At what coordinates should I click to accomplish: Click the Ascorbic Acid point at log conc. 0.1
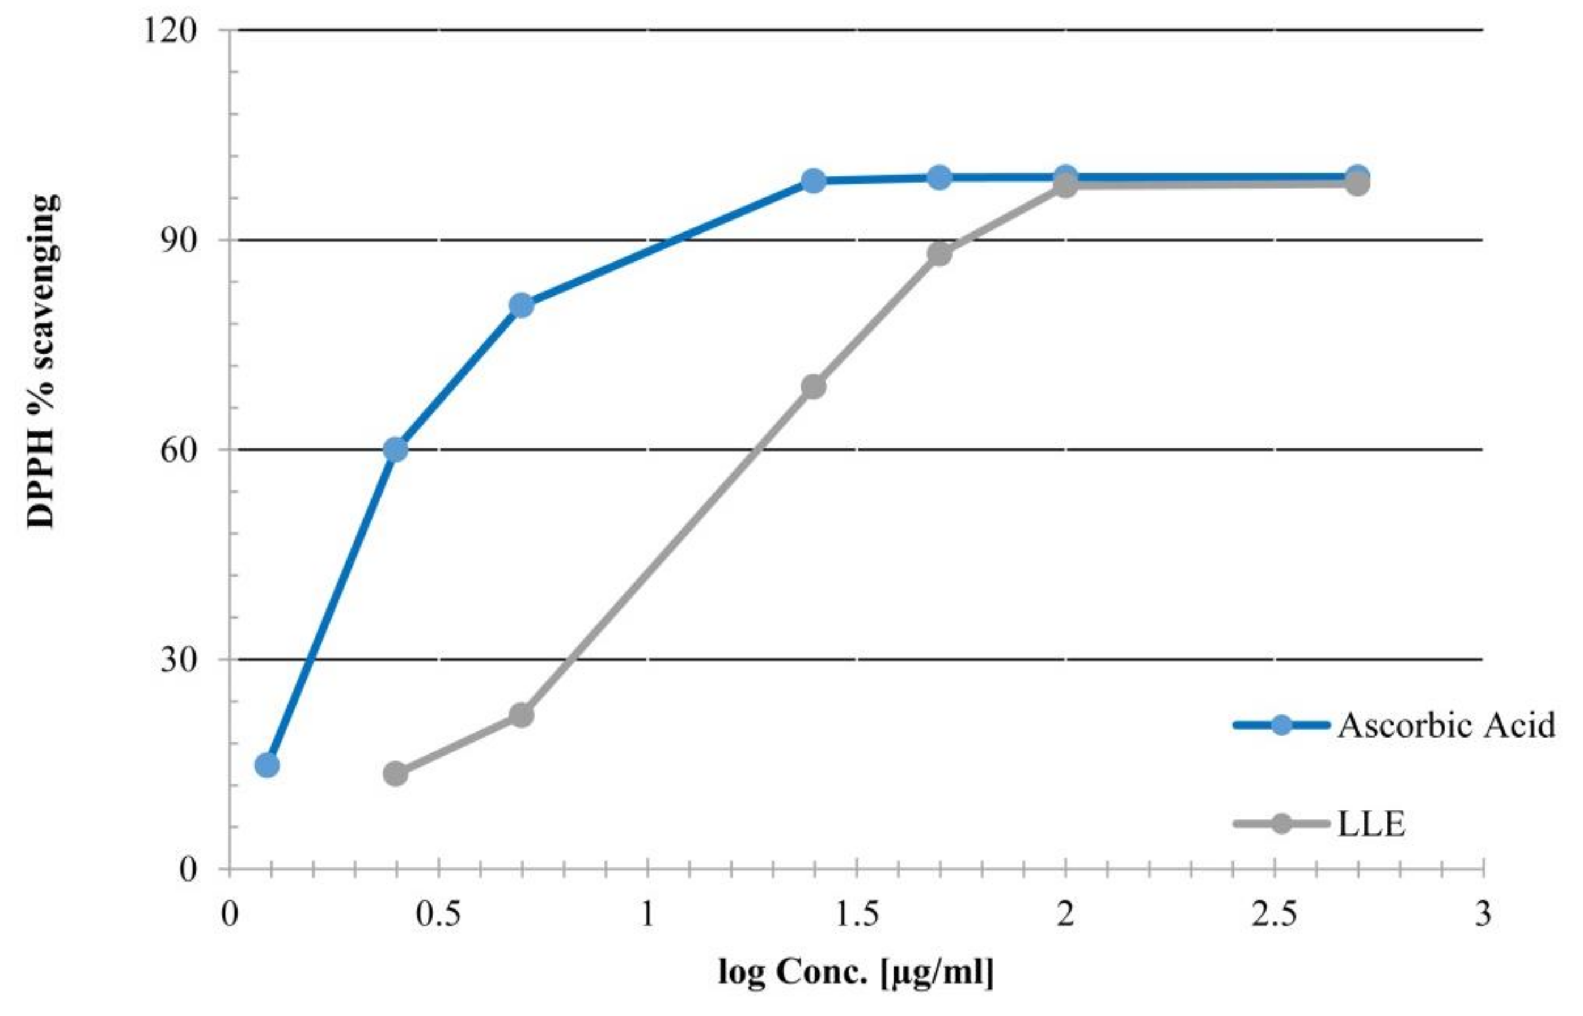pos(266,765)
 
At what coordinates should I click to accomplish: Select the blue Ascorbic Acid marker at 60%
pos(395,450)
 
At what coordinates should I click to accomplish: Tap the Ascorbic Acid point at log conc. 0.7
pos(521,306)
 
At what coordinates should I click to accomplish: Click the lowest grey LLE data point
pos(395,773)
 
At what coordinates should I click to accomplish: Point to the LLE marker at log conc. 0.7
pos(521,715)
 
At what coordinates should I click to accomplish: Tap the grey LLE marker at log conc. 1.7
pos(939,253)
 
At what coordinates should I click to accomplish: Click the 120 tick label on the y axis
pos(170,31)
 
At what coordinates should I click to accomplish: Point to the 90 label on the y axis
pos(179,240)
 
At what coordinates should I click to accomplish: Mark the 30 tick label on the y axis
pos(179,660)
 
